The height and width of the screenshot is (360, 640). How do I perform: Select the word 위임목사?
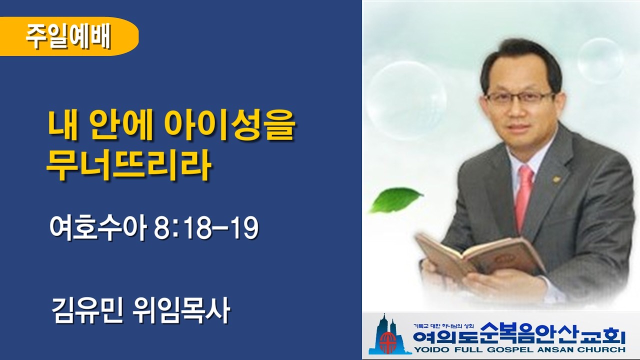[x=182, y=311]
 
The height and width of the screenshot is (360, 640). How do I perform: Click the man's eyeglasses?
[x=520, y=97]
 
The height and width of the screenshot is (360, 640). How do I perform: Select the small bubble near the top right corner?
[x=600, y=60]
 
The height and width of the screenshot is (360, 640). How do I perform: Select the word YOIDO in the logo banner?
[x=430, y=349]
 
